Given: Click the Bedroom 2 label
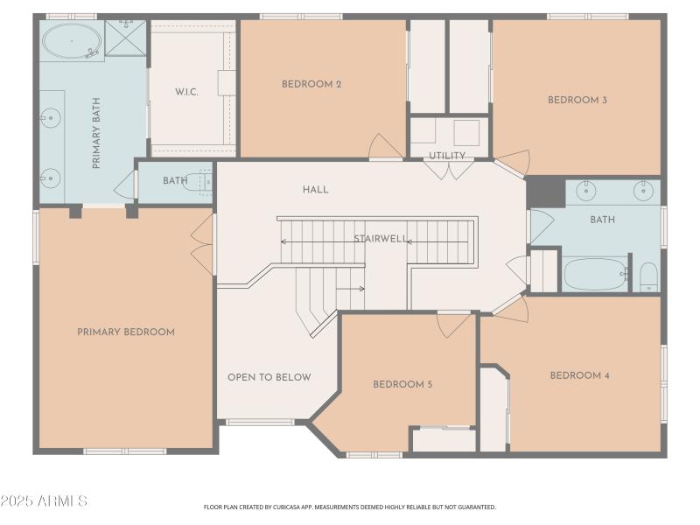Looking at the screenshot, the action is [x=311, y=84].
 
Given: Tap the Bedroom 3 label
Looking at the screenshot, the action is [x=577, y=100].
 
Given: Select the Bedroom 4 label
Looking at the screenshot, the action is [x=579, y=375].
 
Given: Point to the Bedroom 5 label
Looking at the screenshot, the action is [x=402, y=384].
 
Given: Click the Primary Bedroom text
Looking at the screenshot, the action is [x=126, y=332].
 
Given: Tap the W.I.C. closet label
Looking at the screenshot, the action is [x=186, y=93].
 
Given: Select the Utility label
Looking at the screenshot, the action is [x=447, y=156].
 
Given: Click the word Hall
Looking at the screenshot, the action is [x=316, y=189].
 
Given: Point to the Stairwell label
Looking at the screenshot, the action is [x=381, y=239].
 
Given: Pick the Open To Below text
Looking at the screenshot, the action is [x=269, y=377].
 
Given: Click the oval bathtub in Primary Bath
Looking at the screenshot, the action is [x=72, y=41].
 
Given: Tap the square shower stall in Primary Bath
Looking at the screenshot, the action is [x=125, y=38].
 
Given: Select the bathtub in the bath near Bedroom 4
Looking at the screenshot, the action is [x=595, y=274].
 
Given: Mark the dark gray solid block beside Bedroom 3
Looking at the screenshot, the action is [x=545, y=192].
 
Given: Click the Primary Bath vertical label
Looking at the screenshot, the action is [x=96, y=133].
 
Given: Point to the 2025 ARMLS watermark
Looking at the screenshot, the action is [x=44, y=500].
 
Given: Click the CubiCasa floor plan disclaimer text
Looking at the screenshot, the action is [x=349, y=507].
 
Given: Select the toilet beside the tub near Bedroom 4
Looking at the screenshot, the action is [x=648, y=276].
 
